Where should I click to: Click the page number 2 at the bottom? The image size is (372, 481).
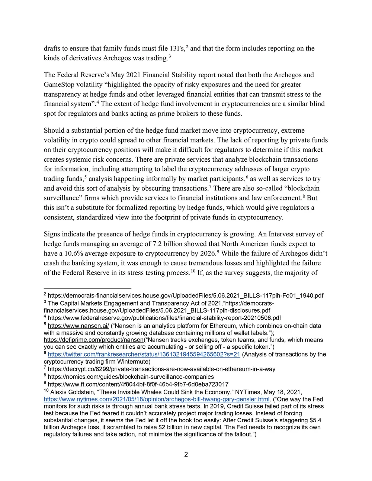tap(186, 454)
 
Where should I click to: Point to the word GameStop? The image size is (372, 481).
tap(60, 84)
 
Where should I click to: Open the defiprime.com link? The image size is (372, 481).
tap(93, 340)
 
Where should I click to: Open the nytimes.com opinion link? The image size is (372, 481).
tap(157, 399)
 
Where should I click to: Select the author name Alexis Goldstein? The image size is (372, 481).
tap(73, 392)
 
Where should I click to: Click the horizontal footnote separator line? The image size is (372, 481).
tap(87, 288)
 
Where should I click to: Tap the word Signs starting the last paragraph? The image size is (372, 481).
tap(52, 234)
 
